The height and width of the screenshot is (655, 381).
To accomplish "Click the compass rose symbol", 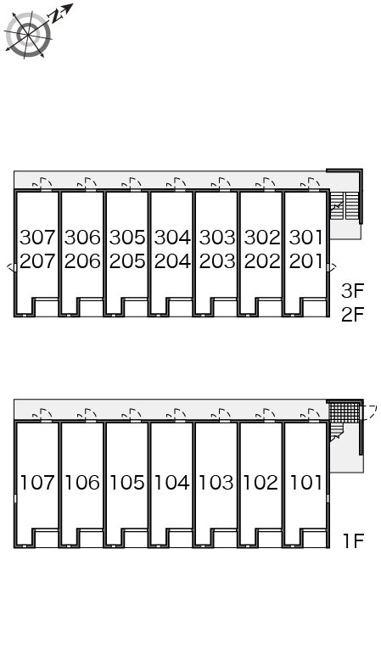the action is [x=28, y=35].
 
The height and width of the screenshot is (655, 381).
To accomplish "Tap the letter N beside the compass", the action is [x=54, y=16].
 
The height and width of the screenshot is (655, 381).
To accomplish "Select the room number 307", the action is [x=37, y=238].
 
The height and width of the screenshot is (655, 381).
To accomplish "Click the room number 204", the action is [x=172, y=261].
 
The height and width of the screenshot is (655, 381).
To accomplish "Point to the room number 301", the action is [x=305, y=238].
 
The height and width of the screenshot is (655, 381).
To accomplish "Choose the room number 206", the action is [x=82, y=261].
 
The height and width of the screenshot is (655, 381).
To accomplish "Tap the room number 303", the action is [x=217, y=238].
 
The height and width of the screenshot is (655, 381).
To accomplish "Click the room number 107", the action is [x=37, y=483].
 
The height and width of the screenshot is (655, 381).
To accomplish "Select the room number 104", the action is [x=172, y=483].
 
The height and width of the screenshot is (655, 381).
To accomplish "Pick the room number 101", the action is [x=305, y=483].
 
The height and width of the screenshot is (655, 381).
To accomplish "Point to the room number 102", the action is [x=261, y=483].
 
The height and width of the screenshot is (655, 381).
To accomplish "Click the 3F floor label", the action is [x=353, y=291].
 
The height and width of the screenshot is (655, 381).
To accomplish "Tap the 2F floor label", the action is [x=353, y=315].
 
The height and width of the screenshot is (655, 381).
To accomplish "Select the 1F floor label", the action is [x=354, y=541].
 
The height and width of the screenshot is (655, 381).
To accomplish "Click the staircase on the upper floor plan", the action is [x=345, y=205].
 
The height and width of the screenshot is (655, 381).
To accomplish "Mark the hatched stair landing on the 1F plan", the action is [x=345, y=412].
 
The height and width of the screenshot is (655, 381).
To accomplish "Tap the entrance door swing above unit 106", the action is [x=87, y=414].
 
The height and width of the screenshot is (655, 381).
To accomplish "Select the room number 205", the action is [x=127, y=261].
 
